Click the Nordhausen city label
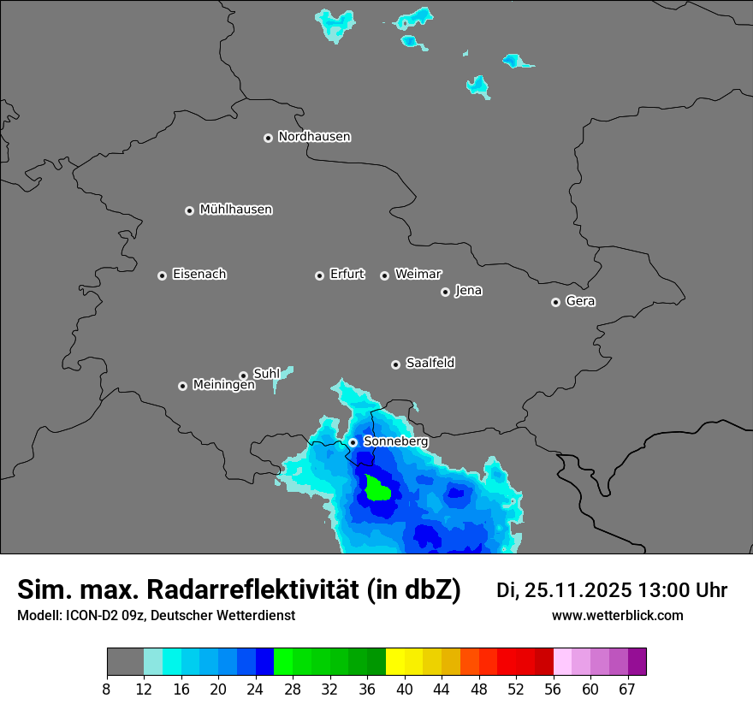[314, 137]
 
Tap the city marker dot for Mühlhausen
[190, 210]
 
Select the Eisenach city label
[199, 275]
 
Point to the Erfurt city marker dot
[319, 275]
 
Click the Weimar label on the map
[418, 274]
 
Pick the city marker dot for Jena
[445, 292]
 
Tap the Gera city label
[580, 301]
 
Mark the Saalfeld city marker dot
[395, 364]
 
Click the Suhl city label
[266, 374]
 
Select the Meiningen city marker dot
[182, 386]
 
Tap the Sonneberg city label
[395, 441]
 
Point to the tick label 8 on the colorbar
[107, 688]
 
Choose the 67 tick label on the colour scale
[627, 688]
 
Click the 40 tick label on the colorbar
[404, 688]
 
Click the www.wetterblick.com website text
[617, 616]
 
